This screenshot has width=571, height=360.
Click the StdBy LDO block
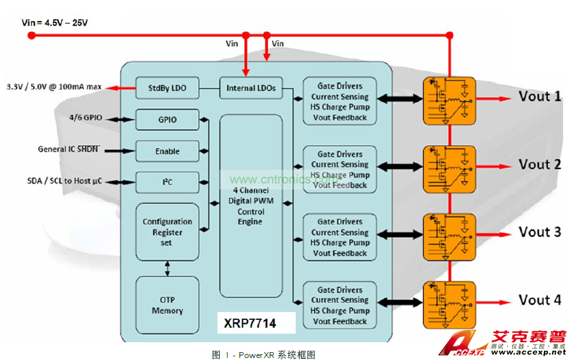coord(167,87)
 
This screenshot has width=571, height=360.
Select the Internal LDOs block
coord(251,88)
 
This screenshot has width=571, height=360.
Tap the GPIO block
coord(167,120)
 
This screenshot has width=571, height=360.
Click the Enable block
coord(167,151)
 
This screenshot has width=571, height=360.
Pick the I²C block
coord(167,181)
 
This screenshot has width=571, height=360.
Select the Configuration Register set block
coord(167,232)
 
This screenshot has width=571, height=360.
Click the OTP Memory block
coord(167,305)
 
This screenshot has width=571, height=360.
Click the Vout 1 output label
coord(540,97)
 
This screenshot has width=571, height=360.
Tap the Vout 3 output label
coord(540,232)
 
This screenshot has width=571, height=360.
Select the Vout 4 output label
coord(540,300)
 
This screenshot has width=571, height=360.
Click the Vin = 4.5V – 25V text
coord(55,22)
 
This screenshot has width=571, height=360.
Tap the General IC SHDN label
coord(68,149)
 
